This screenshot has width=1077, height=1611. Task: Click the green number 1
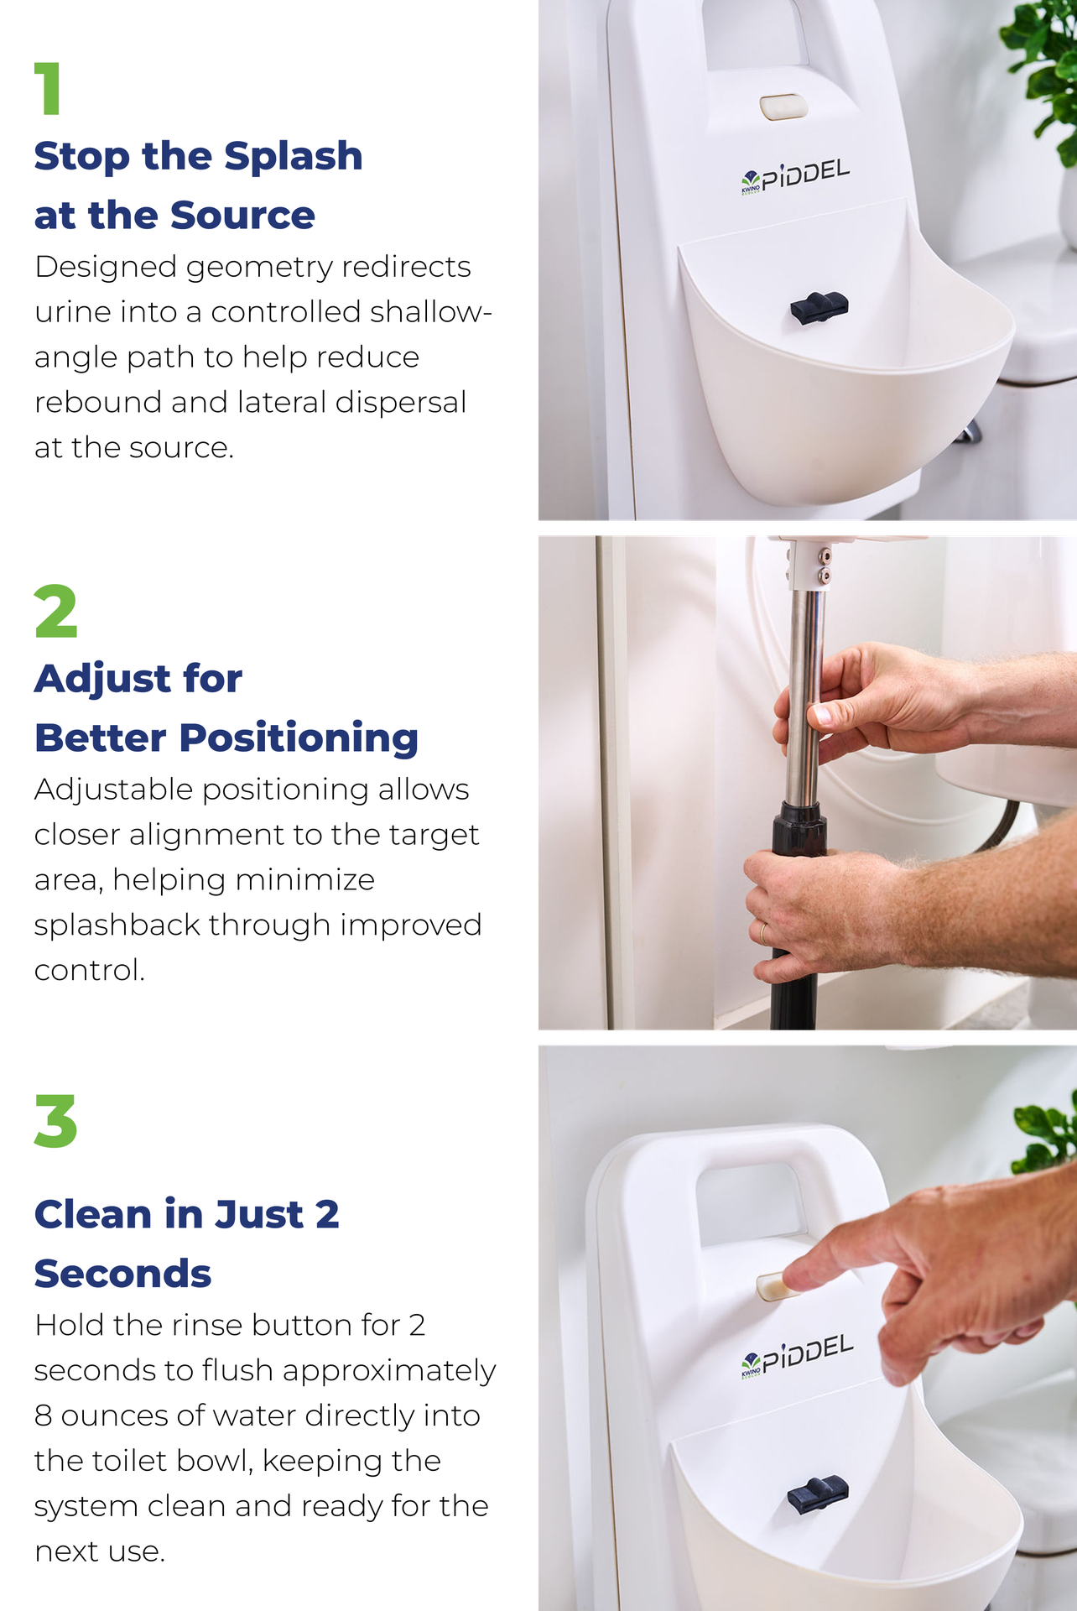[x=49, y=88]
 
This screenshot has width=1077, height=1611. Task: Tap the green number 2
[x=55, y=611]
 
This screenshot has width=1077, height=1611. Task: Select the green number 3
[x=55, y=1121]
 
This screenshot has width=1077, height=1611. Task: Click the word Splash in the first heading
[x=293, y=157]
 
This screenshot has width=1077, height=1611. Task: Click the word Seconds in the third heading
[x=122, y=1274]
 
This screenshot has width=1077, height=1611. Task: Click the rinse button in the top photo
[x=783, y=107]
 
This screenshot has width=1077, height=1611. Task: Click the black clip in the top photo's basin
[x=819, y=308]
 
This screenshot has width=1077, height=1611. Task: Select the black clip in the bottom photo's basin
[x=817, y=1494]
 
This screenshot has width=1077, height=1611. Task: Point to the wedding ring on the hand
[x=763, y=932]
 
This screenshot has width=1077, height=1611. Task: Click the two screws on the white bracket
[x=825, y=566]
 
